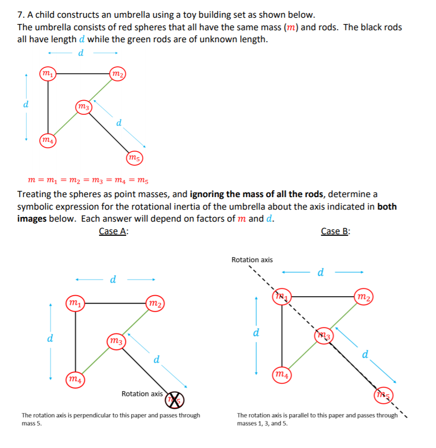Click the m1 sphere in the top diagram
coord(47,74)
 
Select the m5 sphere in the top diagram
coord(134,158)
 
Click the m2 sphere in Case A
coord(154,303)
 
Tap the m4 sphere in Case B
coord(282,374)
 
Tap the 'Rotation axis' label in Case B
coord(252,259)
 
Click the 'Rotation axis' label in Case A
coord(142,394)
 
